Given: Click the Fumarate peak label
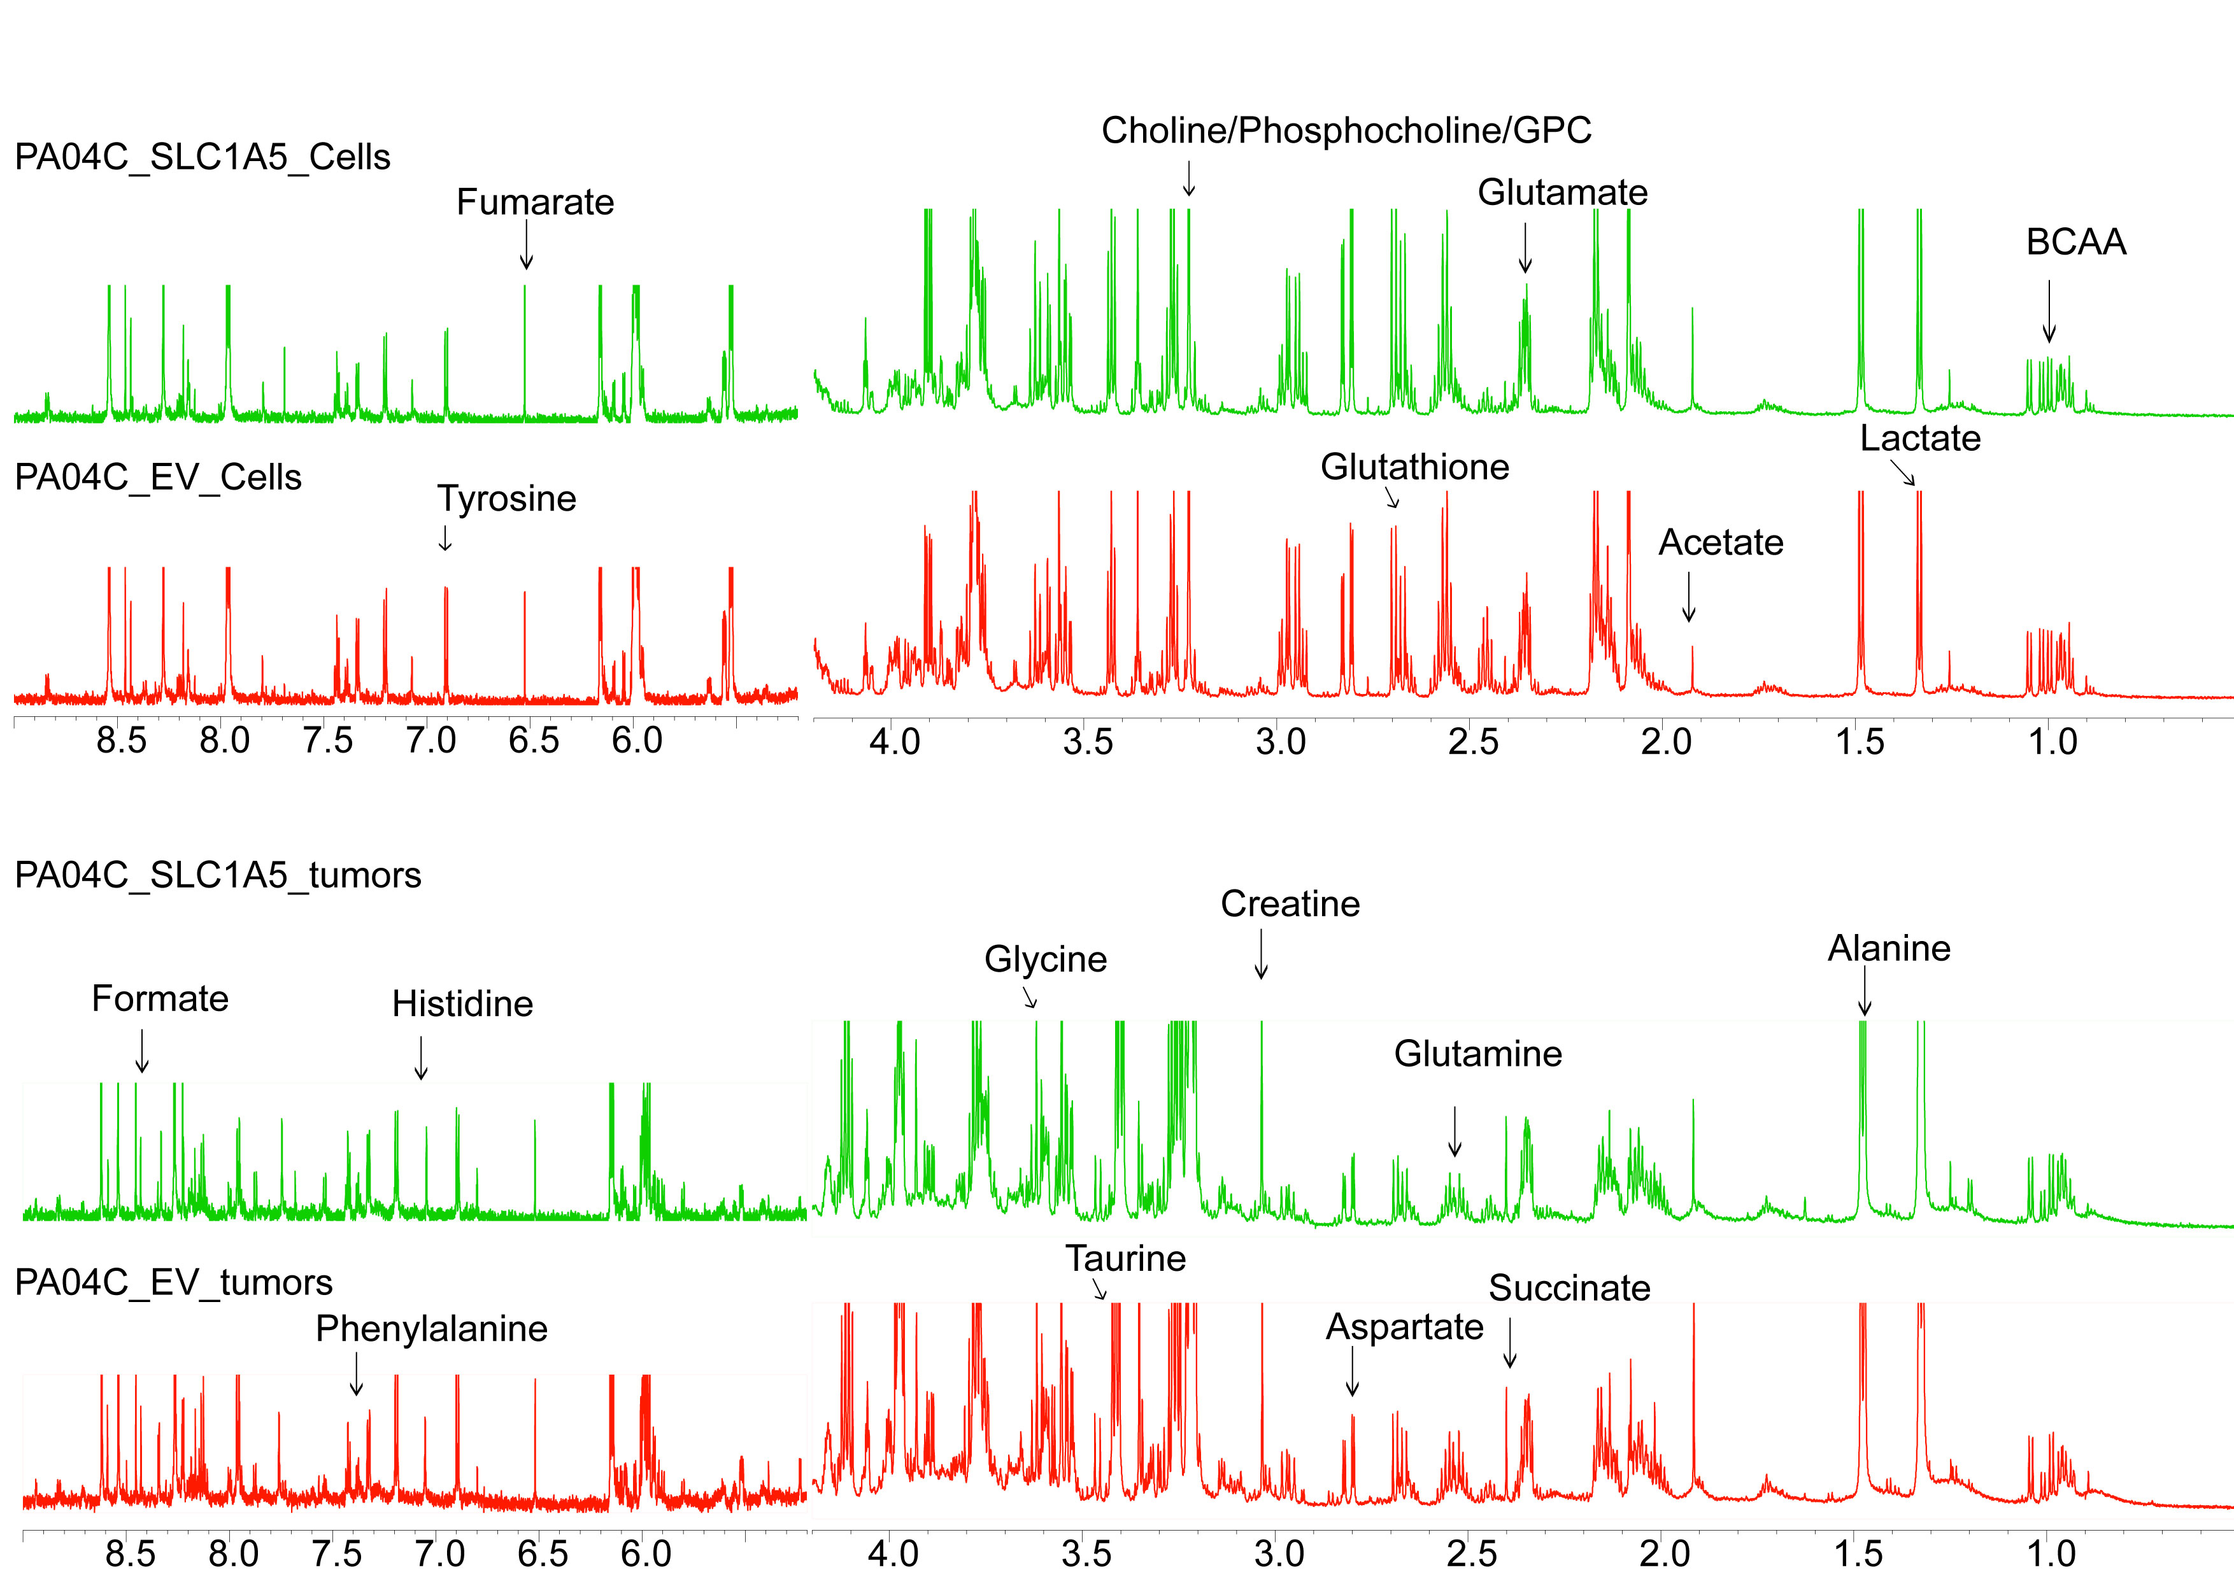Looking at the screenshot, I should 535,202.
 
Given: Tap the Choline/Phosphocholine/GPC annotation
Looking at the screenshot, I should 1346,131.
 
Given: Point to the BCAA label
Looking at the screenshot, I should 2075,242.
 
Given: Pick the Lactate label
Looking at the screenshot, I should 1919,439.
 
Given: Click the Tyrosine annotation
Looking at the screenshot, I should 506,499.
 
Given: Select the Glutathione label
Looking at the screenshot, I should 1414,468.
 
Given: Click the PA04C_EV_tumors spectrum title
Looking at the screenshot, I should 173,1282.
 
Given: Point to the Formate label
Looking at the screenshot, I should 160,999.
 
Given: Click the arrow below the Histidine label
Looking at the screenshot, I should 422,1058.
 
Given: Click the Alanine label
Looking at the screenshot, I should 1889,949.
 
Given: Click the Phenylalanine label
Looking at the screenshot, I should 431,1329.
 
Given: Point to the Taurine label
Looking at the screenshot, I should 1125,1259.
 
